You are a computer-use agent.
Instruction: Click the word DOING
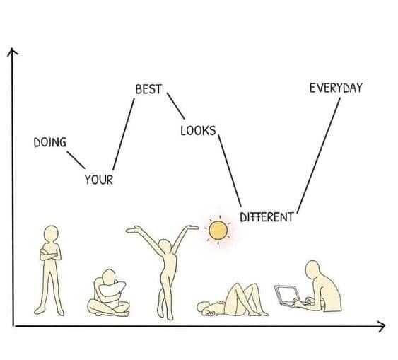pos(50,142)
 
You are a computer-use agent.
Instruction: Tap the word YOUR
pos(99,180)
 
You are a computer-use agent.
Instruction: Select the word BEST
pos(148,89)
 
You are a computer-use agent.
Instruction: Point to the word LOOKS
pos(198,131)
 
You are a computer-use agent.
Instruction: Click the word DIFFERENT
pos(267,217)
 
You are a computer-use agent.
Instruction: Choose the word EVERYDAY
pos(336,88)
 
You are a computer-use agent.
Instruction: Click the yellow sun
pos(218,231)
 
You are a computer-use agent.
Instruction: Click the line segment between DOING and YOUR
pos(76,160)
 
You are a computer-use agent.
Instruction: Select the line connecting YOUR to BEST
pos(124,134)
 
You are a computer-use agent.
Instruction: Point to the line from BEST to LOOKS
pos(175,106)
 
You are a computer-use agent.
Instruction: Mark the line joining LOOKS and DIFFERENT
pos(230,170)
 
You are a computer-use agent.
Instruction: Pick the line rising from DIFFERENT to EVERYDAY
pos(319,156)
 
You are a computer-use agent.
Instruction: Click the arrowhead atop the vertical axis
pos(12,51)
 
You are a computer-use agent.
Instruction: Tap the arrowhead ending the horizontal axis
pos(382,327)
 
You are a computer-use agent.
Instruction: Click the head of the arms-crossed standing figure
pos(51,234)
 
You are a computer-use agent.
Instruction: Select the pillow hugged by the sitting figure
pos(112,288)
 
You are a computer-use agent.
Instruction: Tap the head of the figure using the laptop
pos(312,269)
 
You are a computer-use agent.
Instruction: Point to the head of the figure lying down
pos(204,308)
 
